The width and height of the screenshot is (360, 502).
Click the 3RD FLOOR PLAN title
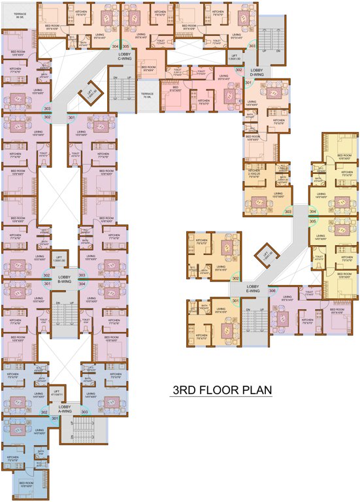(x=221, y=391)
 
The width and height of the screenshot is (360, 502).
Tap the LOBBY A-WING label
(x=64, y=410)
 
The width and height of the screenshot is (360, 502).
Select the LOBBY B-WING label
(x=64, y=280)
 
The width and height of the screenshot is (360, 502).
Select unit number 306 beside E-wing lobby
(x=272, y=290)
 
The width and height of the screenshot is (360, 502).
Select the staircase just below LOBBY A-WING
(x=81, y=431)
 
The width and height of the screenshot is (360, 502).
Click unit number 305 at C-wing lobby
(x=125, y=46)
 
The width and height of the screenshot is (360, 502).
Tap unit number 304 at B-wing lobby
(x=82, y=284)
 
